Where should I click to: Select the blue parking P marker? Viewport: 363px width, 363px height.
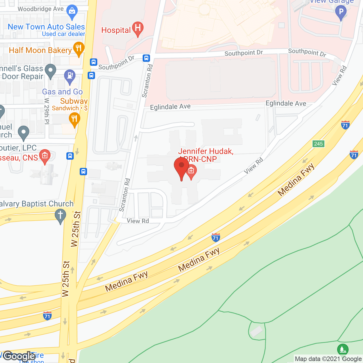[x=341, y=12]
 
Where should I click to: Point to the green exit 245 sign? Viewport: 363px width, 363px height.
[x=318, y=144]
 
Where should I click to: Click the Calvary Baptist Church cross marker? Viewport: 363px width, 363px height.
[x=60, y=216]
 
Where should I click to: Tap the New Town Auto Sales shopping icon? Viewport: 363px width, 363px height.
[x=72, y=12]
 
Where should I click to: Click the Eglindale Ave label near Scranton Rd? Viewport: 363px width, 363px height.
[x=170, y=107]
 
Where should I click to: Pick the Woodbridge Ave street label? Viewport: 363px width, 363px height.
[x=41, y=9]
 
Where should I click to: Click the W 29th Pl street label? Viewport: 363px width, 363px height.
[x=47, y=111]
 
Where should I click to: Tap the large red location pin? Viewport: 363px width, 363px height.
[x=181, y=167]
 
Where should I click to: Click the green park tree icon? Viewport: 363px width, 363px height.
[x=343, y=349]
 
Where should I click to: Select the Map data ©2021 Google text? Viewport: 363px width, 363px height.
[x=328, y=359]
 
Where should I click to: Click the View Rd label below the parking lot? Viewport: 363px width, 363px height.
[x=138, y=221]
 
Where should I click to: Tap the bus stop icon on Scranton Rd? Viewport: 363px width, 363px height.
[x=146, y=58]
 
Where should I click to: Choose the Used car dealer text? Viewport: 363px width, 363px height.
[x=64, y=34]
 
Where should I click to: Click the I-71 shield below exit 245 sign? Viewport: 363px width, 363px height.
[x=354, y=155]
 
